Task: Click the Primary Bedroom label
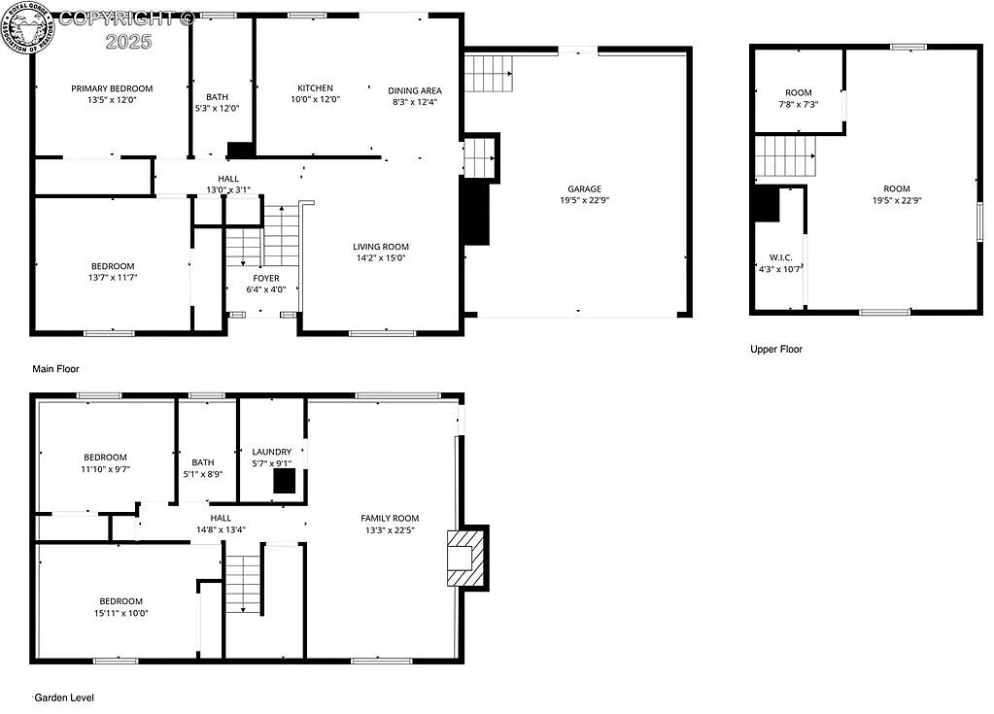pyautogui.click(x=112, y=88)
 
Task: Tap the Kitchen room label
pyautogui.click(x=315, y=88)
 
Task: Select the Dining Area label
pyautogui.click(x=415, y=90)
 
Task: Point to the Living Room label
pyautogui.click(x=380, y=247)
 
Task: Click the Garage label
pyautogui.click(x=585, y=188)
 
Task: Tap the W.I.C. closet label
pyautogui.click(x=781, y=257)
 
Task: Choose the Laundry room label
pyautogui.click(x=271, y=452)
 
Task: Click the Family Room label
pyautogui.click(x=390, y=518)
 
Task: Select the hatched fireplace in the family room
pyautogui.click(x=464, y=559)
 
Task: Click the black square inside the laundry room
pyautogui.click(x=283, y=481)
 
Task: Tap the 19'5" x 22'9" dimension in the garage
pyautogui.click(x=585, y=200)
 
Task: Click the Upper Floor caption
pyautogui.click(x=776, y=349)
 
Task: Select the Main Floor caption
pyautogui.click(x=55, y=369)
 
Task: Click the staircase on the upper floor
pyautogui.click(x=784, y=155)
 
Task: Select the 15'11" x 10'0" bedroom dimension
pyautogui.click(x=120, y=613)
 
